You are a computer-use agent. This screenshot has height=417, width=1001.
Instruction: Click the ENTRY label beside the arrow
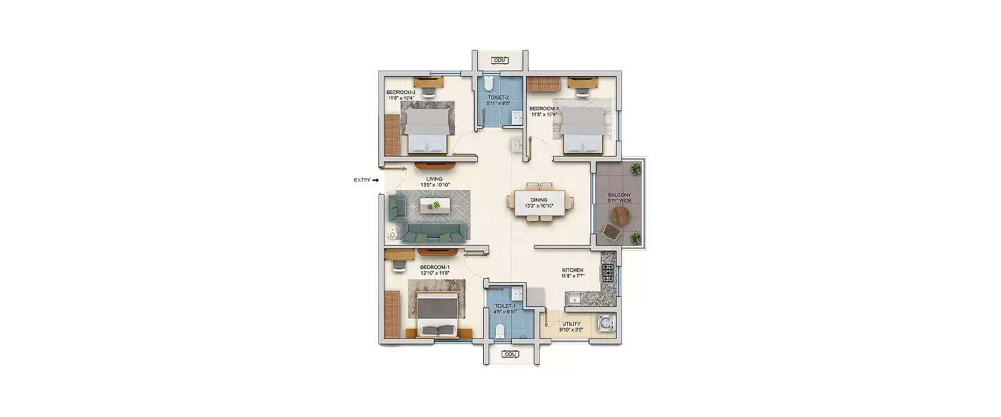tap(362, 180)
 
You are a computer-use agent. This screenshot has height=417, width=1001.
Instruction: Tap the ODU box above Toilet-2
tap(499, 61)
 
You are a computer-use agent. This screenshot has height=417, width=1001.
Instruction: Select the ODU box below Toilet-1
tap(511, 354)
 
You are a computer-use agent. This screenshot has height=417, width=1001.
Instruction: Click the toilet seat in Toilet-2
tap(488, 84)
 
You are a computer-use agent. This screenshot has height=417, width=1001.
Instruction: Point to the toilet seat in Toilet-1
tap(500, 328)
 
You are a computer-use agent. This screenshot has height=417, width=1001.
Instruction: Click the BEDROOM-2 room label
tap(400, 92)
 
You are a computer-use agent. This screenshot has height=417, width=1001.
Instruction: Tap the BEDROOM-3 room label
tap(544, 108)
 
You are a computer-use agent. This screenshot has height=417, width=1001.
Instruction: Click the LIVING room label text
tap(434, 179)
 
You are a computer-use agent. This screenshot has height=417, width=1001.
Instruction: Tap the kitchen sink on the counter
tap(572, 297)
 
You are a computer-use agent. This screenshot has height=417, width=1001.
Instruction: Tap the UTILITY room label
tap(571, 324)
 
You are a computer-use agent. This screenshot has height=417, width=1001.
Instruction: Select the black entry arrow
tap(375, 180)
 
